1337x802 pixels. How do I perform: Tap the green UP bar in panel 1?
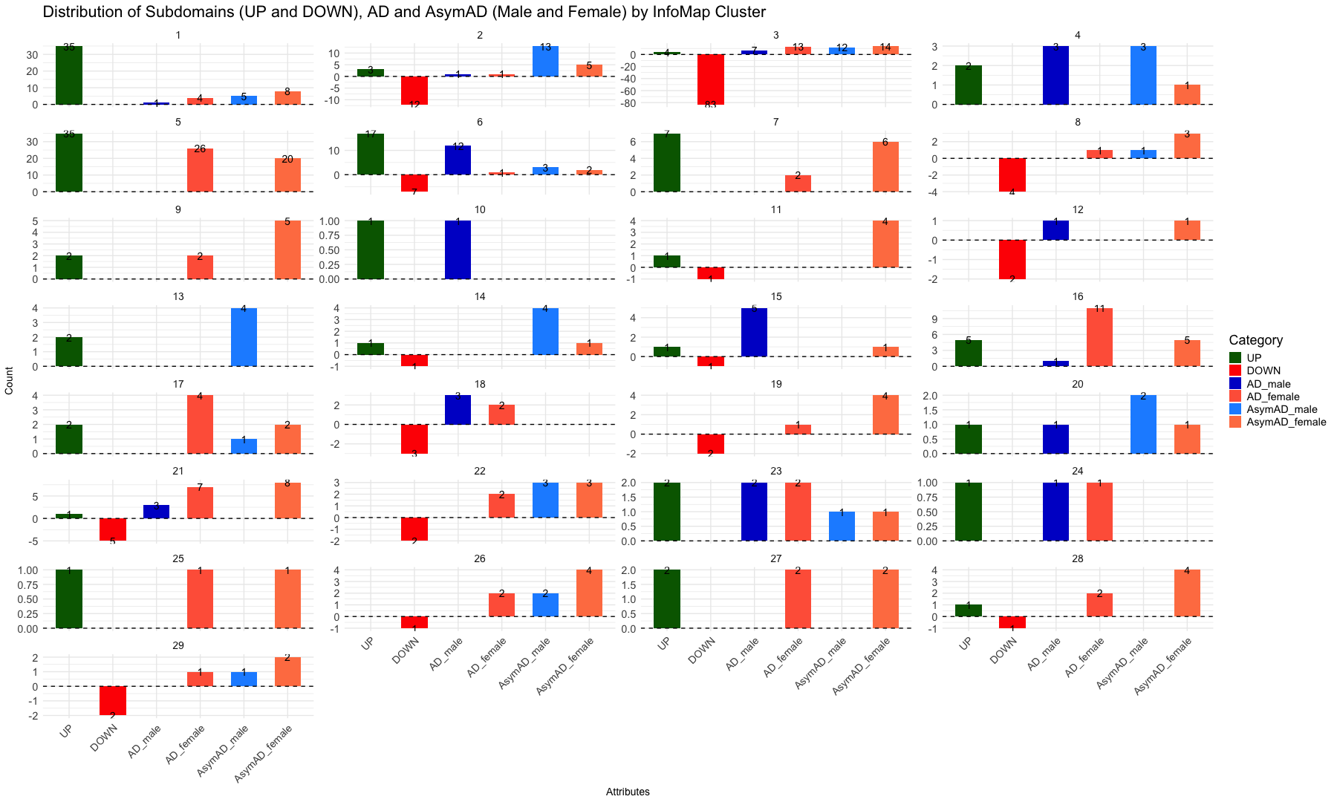point(69,75)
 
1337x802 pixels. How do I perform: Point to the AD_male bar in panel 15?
point(755,333)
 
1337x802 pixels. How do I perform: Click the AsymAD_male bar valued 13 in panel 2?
point(545,61)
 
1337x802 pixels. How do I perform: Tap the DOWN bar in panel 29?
point(113,700)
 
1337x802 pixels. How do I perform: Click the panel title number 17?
point(178,384)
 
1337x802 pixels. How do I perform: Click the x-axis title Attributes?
point(628,792)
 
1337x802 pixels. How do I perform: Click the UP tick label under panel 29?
point(66,732)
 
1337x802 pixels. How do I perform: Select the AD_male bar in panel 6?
point(458,160)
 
